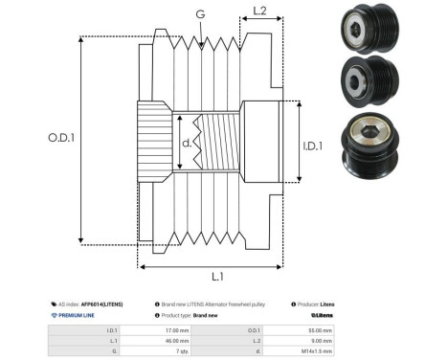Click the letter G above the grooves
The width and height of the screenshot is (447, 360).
(x=199, y=14)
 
